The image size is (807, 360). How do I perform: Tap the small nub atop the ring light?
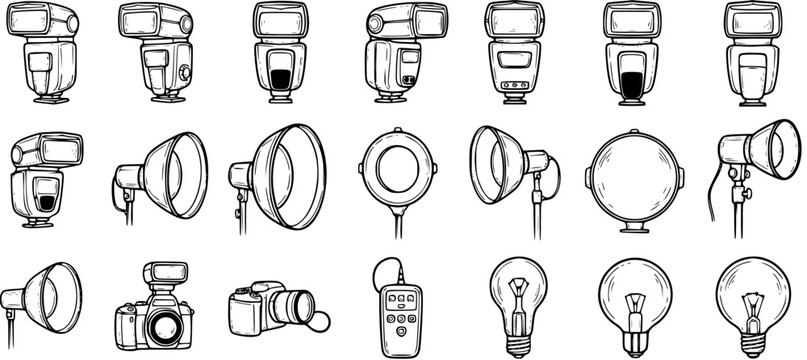[x=396, y=130]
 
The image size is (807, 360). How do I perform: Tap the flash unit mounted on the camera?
[x=161, y=274]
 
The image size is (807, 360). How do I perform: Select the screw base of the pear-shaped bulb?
[x=517, y=340]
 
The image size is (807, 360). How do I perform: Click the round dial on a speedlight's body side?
[x=184, y=73]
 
